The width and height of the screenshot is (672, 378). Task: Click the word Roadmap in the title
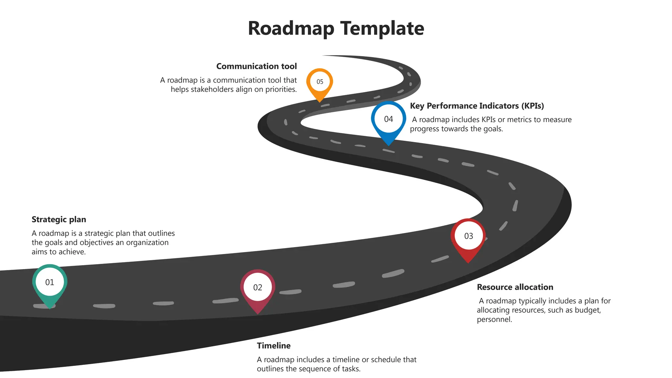pos(291,29)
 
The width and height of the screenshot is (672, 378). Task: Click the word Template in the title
pos(382,29)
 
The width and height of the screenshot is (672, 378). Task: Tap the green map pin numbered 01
pos(50,283)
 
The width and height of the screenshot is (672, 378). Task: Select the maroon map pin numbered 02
pos(258,288)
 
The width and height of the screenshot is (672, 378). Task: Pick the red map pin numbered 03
pos(468,236)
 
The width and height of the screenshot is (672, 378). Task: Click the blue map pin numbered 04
pos(388,119)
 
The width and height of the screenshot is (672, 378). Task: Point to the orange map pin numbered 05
pos(320,82)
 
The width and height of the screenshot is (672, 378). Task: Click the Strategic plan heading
pos(59,220)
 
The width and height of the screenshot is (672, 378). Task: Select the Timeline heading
pos(274,346)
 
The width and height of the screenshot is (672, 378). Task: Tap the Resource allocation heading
pos(515,287)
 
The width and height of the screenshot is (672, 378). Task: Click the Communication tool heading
pos(256,66)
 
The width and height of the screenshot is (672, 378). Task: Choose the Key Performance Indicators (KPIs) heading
pos(477,106)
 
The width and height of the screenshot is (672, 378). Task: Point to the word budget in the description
pos(587,310)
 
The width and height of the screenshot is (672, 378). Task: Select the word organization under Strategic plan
pos(147,243)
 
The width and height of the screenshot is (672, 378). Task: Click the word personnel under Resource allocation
pos(494,320)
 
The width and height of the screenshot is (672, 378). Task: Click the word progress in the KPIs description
pos(425,129)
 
